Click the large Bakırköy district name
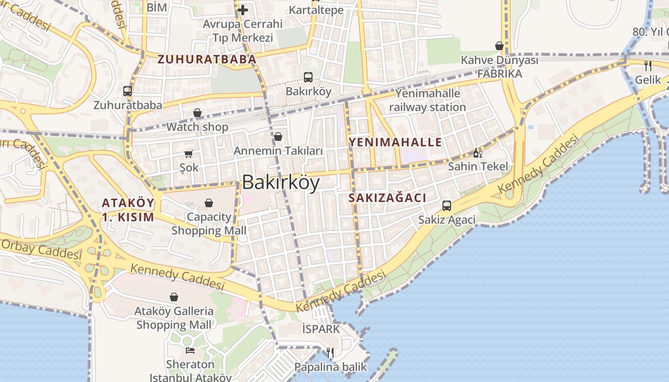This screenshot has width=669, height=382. pyautogui.click(x=281, y=182)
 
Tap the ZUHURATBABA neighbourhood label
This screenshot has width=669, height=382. pyautogui.click(x=207, y=60)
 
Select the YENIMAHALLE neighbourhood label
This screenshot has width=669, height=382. pyautogui.click(x=395, y=142)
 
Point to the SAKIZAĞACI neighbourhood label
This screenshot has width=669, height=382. pyautogui.click(x=387, y=198)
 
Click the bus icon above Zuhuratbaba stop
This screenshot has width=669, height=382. pyautogui.click(x=128, y=91)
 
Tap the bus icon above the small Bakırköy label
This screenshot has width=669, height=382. pyautogui.click(x=308, y=77)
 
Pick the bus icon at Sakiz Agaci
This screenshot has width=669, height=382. pyautogui.click(x=447, y=206)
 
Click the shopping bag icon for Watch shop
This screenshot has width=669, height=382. pyautogui.click(x=197, y=113)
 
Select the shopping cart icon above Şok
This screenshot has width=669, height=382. pyautogui.click(x=189, y=154)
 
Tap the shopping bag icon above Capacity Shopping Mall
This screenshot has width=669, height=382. pyautogui.click(x=209, y=203)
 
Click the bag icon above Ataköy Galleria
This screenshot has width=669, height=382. pyautogui.click(x=174, y=297)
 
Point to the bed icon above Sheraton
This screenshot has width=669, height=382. pyautogui.click(x=190, y=350)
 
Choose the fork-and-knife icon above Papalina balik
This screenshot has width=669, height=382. pyautogui.click(x=330, y=353)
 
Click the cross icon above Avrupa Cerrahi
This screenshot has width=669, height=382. pyautogui.click(x=242, y=10)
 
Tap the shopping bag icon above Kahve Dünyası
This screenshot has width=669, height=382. pyautogui.click(x=499, y=46)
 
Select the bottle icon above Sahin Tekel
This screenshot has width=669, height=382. pyautogui.click(x=476, y=153)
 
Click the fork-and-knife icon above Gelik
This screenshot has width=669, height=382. pyautogui.click(x=648, y=65)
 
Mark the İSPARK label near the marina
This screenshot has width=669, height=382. pyautogui.click(x=321, y=329)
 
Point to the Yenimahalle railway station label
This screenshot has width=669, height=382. pyautogui.click(x=427, y=100)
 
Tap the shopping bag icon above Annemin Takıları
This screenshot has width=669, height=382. pyautogui.click(x=278, y=137)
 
